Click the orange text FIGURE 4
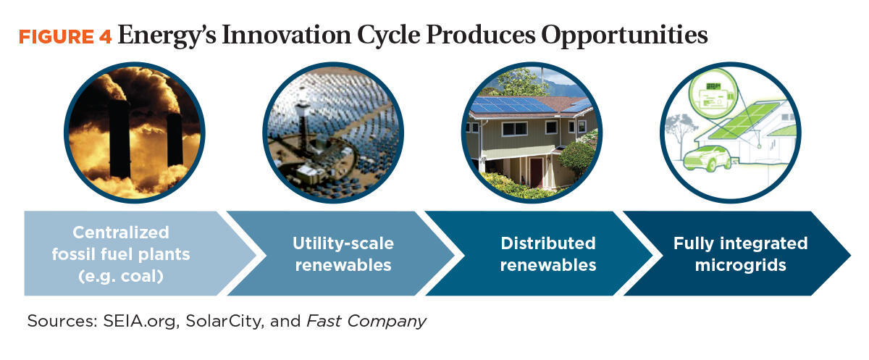pos(65,37)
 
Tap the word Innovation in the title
pos(285,35)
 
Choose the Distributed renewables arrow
pos(540,254)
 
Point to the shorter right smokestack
pos(175,140)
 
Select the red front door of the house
pos(536,172)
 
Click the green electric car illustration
pos(707,159)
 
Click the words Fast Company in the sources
pos(366,322)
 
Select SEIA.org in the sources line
pos(139,322)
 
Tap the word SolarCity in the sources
pos(223,322)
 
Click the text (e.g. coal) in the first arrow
pos(121,276)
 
